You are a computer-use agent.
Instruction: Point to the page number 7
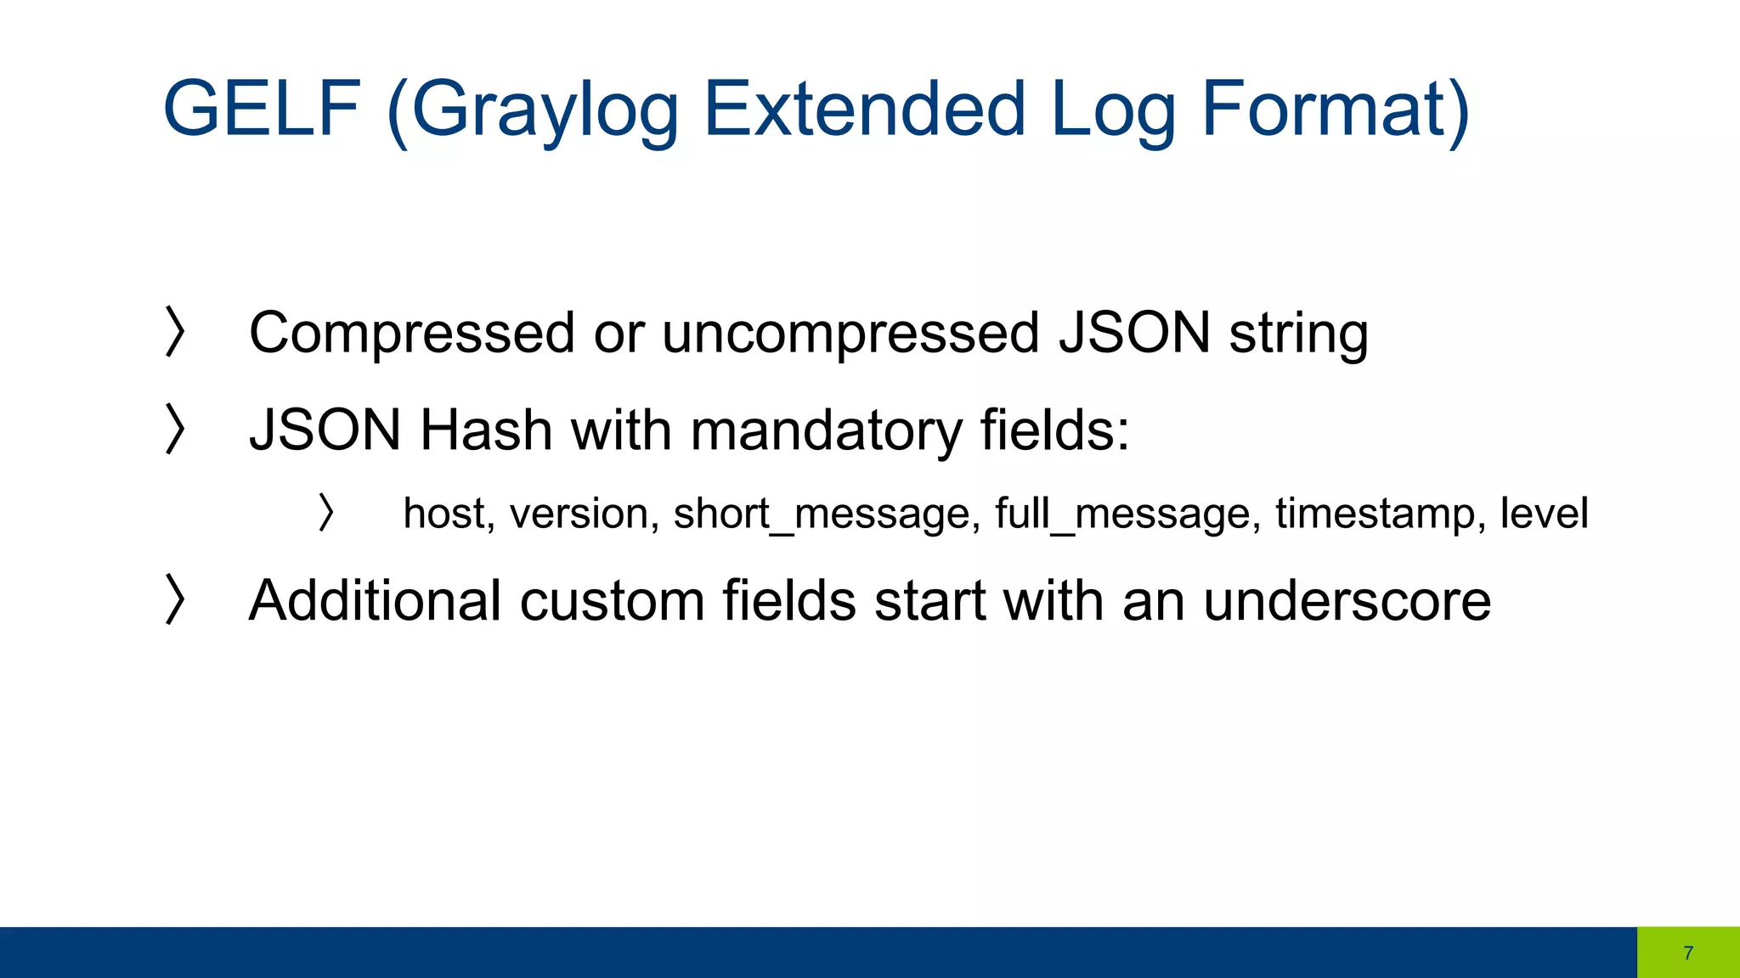click(1688, 953)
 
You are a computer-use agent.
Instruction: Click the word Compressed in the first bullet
click(411, 333)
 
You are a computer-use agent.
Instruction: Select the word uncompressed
click(850, 333)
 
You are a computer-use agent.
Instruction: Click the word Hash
click(486, 430)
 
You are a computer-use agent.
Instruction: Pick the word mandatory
click(825, 431)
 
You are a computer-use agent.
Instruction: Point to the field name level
click(1544, 513)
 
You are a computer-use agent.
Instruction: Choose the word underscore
click(1347, 601)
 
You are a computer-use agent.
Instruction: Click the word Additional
click(375, 601)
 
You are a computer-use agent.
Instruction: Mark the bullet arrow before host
click(325, 513)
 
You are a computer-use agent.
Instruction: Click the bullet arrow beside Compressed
click(174, 331)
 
